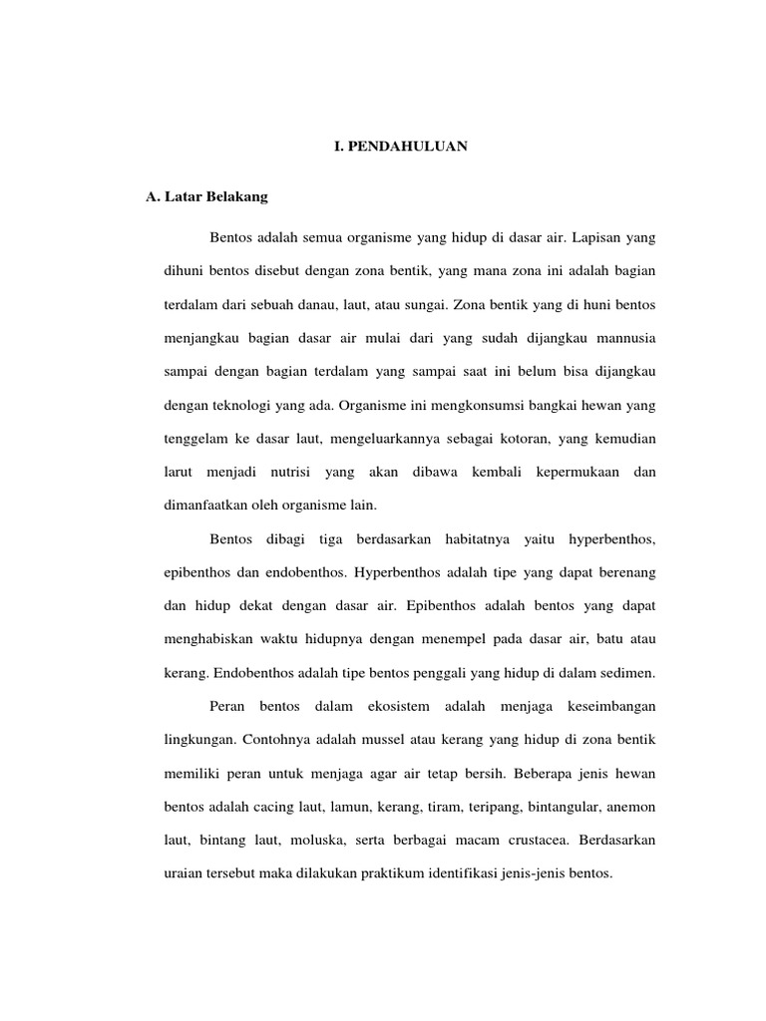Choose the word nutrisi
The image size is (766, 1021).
click(x=293, y=473)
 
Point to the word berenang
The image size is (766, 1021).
click(x=623, y=573)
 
